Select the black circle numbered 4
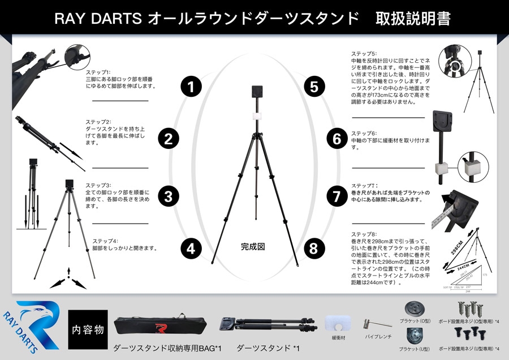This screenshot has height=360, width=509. click(x=191, y=248)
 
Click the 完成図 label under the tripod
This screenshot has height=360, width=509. click(x=253, y=247)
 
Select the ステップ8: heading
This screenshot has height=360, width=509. click(x=364, y=234)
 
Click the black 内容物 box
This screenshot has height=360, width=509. click(x=88, y=329)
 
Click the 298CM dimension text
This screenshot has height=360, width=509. click(x=455, y=247)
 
